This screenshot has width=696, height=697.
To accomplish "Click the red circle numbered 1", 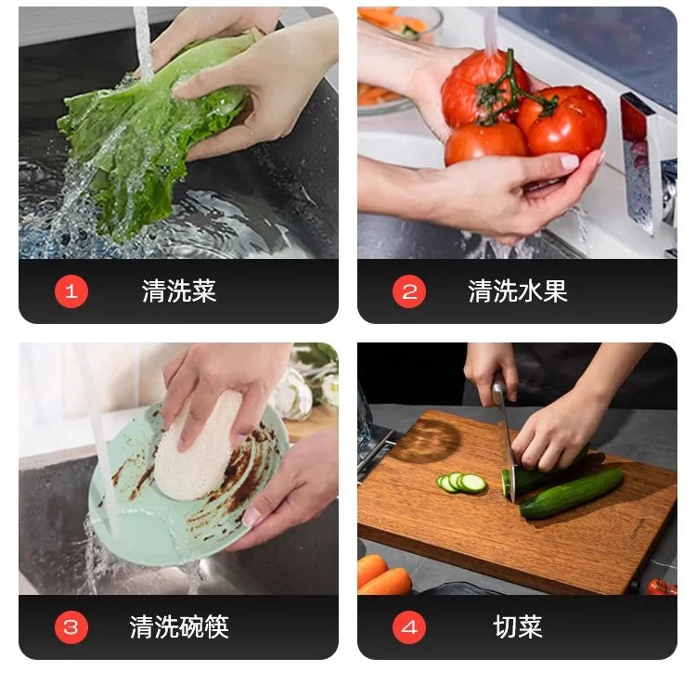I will pyautogui.click(x=71, y=291).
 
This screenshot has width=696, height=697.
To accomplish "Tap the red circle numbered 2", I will pyautogui.click(x=409, y=291).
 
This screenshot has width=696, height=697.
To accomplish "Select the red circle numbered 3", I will pyautogui.click(x=71, y=627).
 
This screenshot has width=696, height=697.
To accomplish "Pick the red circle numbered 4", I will pyautogui.click(x=409, y=627).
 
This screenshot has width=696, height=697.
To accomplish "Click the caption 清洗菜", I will pyautogui.click(x=179, y=291).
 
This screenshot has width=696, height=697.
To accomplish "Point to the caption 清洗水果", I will pyautogui.click(x=518, y=291).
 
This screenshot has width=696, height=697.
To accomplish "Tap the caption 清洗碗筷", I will pyautogui.click(x=179, y=627).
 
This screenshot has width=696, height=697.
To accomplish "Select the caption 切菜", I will pyautogui.click(x=518, y=627).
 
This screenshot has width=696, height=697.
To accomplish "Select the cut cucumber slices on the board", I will pyautogui.click(x=462, y=483).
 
